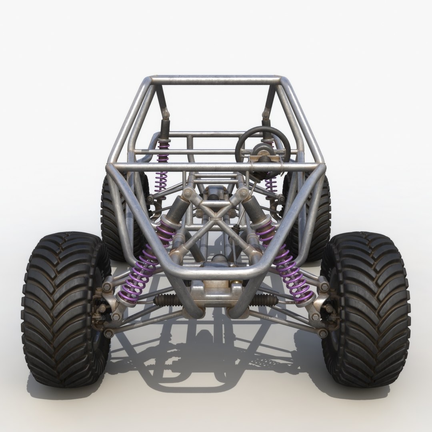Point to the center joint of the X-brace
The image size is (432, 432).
216,216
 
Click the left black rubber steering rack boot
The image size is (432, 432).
166,300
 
